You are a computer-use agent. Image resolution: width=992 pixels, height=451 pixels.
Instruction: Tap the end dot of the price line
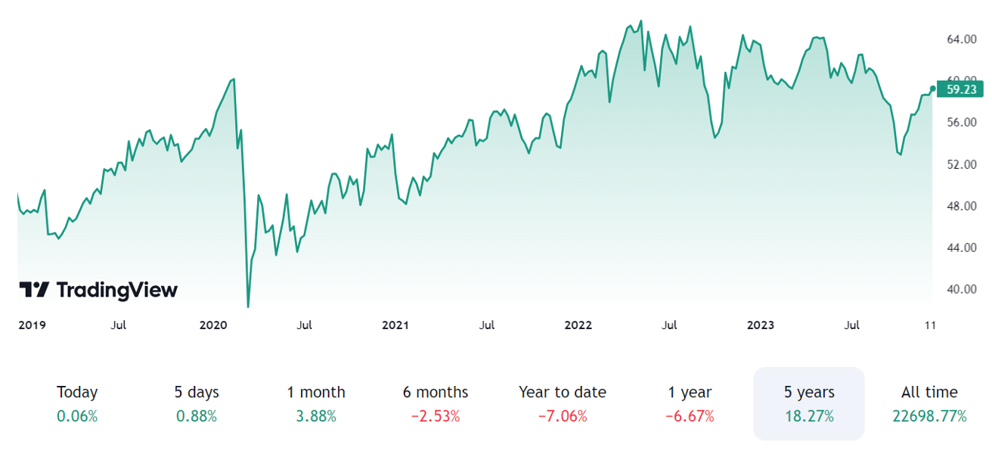pyautogui.click(x=932, y=89)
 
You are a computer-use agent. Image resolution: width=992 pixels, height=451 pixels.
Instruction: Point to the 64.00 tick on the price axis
pyautogui.click(x=962, y=39)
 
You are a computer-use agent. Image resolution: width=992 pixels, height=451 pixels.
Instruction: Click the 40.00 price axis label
pyautogui.click(x=962, y=289)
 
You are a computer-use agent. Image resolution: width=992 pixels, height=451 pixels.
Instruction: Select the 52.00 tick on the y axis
pyautogui.click(x=962, y=164)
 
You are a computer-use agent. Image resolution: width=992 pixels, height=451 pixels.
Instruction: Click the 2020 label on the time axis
pyautogui.click(x=213, y=325)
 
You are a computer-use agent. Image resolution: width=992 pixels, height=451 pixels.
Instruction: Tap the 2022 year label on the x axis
pyautogui.click(x=578, y=325)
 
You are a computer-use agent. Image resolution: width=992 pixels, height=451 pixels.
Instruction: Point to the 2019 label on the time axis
pyautogui.click(x=32, y=325)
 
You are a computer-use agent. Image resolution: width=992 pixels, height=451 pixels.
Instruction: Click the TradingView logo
pyautogui.click(x=98, y=290)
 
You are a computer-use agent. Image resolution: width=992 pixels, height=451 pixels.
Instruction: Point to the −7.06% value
pyautogui.click(x=563, y=416)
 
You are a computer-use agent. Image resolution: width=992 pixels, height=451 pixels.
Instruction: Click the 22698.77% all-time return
pyautogui.click(x=929, y=416)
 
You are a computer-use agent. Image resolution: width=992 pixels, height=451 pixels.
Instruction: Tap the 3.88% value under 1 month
pyautogui.click(x=316, y=416)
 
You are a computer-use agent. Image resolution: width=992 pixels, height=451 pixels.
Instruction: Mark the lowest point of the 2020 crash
pyautogui.click(x=248, y=306)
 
